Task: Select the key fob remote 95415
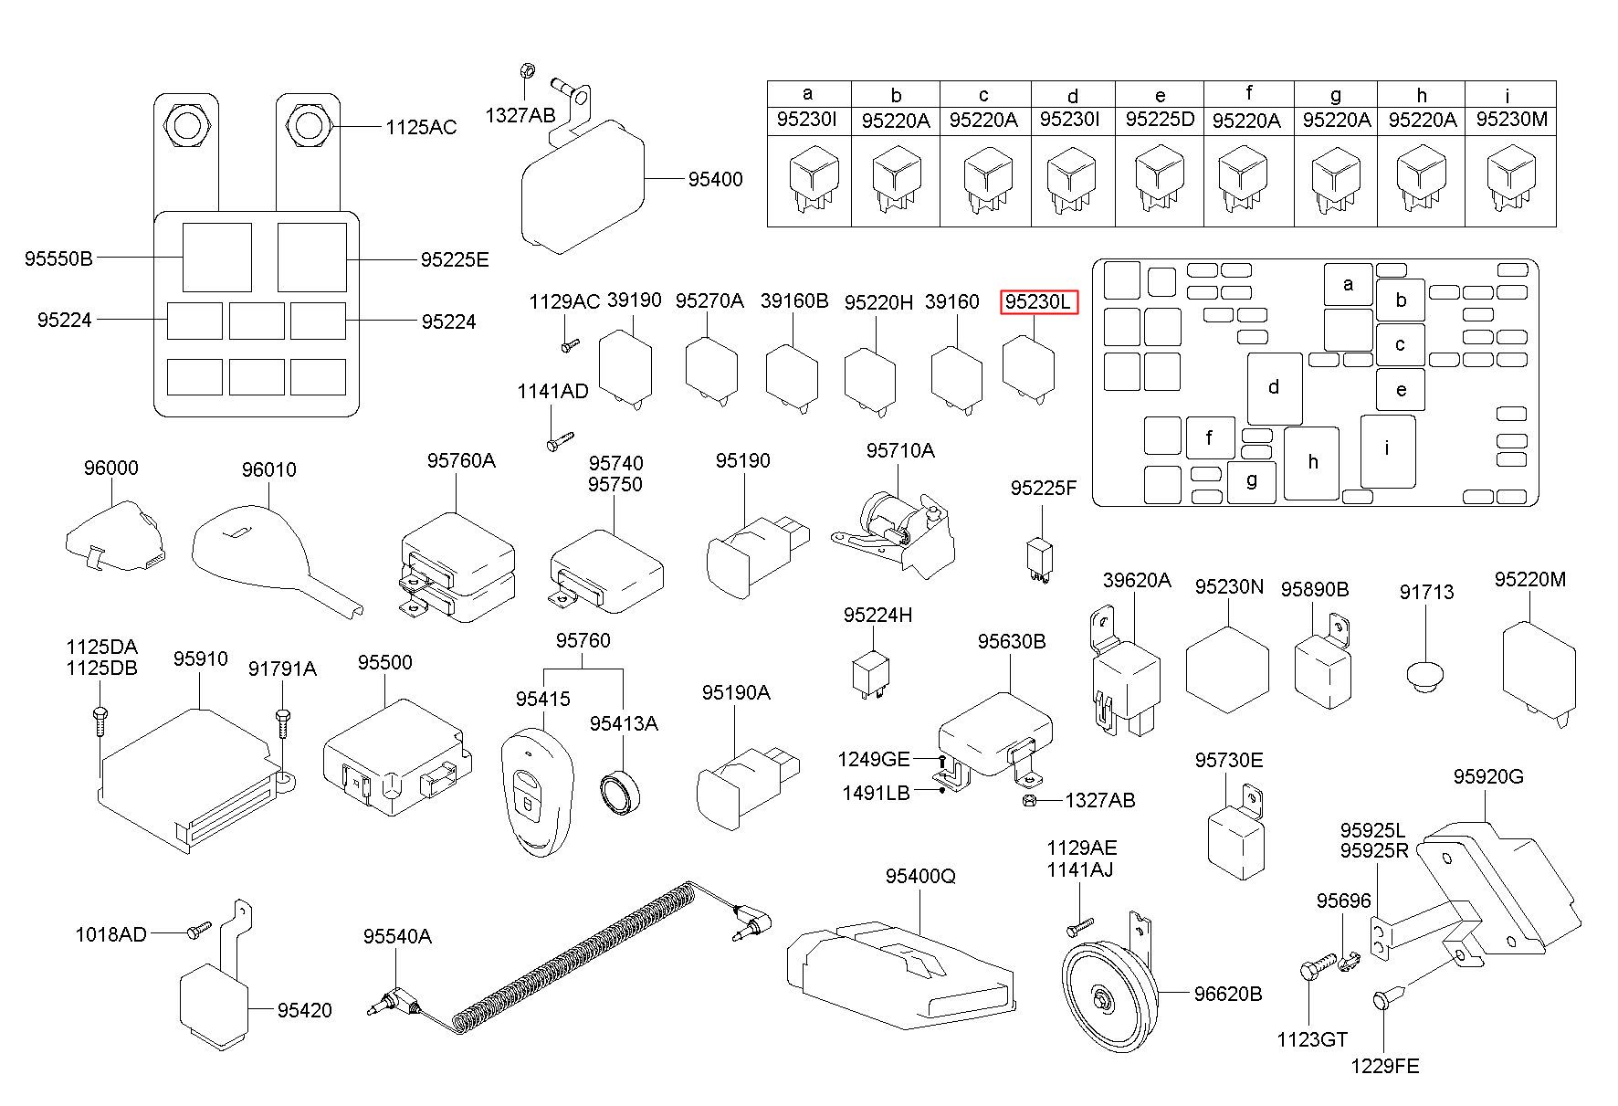pyautogui.click(x=535, y=791)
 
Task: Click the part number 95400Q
pyautogui.click(x=919, y=876)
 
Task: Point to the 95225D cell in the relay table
pyautogui.click(x=1160, y=120)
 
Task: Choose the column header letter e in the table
pyautogui.click(x=1160, y=95)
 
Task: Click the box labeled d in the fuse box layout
pyautogui.click(x=1275, y=388)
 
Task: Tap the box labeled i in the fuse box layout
pyautogui.click(x=1388, y=451)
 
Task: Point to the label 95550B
pyautogui.click(x=58, y=258)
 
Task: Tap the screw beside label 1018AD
pyautogui.click(x=198, y=931)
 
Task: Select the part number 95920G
pyautogui.click(x=1487, y=777)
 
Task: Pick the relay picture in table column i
pyautogui.click(x=1510, y=179)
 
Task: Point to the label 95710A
pyautogui.click(x=900, y=450)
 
